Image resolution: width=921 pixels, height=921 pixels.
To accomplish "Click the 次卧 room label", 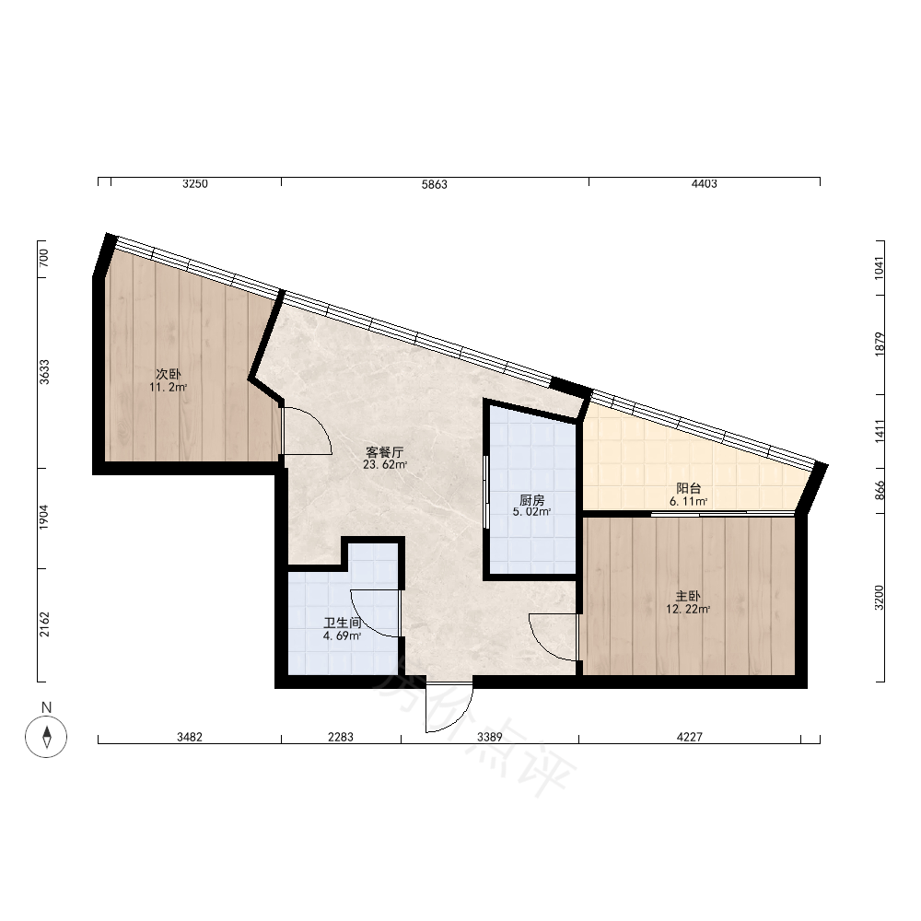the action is pyautogui.click(x=168, y=374).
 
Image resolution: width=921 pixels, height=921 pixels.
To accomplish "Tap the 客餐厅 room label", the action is pyautogui.click(x=385, y=452).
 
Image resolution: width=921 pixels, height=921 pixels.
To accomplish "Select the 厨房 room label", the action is pyautogui.click(x=531, y=500).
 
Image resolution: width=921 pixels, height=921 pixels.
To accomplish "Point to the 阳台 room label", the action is pyautogui.click(x=688, y=488).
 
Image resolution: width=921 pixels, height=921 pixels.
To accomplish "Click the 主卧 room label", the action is pyautogui.click(x=688, y=596).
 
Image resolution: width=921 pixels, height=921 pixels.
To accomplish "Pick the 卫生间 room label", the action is pyautogui.click(x=342, y=623).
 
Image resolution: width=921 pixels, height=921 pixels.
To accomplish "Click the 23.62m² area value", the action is pyautogui.click(x=385, y=464).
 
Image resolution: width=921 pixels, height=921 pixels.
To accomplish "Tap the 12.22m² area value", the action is pyautogui.click(x=688, y=609).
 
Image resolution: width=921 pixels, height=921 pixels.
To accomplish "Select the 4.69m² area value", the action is pyautogui.click(x=342, y=635).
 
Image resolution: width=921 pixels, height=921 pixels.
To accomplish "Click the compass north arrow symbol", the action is pyautogui.click(x=46, y=737).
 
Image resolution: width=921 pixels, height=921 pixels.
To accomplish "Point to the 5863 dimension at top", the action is pyautogui.click(x=434, y=184).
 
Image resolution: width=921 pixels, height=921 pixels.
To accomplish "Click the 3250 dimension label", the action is pyautogui.click(x=195, y=184).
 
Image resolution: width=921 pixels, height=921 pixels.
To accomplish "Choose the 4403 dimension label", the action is pyautogui.click(x=704, y=184).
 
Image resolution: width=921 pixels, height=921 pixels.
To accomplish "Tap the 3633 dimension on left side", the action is pyautogui.click(x=44, y=372).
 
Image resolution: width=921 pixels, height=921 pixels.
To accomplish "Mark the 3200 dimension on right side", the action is pyautogui.click(x=879, y=598).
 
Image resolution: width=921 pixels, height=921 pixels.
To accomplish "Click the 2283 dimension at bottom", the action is pyautogui.click(x=341, y=737).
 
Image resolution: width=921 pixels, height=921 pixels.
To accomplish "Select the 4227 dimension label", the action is pyautogui.click(x=690, y=737).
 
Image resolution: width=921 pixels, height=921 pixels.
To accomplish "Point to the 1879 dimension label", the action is pyautogui.click(x=880, y=344).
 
